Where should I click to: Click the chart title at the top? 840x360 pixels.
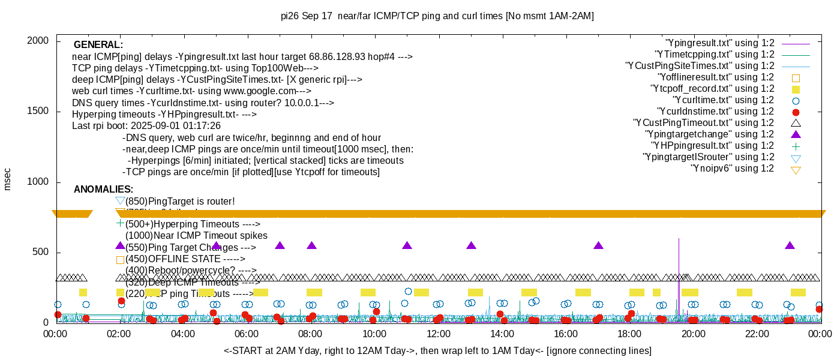point(437,16)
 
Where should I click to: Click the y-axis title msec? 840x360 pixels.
point(8,179)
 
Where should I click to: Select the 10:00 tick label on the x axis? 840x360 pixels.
point(374,334)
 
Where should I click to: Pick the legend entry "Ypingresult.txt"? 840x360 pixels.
point(719,43)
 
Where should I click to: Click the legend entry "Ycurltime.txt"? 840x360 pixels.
point(723,100)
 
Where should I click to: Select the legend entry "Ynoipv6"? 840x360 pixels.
point(732,169)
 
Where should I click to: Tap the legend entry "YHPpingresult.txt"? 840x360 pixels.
point(712,146)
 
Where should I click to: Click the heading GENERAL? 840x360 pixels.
point(98,45)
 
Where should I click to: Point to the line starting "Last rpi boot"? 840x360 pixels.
point(146,126)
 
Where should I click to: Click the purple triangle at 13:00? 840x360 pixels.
point(471,245)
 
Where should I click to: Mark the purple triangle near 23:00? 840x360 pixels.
point(790,245)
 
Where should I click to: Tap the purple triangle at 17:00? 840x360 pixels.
point(598,245)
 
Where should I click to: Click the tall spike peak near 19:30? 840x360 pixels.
point(679,239)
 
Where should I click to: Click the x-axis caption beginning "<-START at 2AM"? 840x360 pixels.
point(437,350)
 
